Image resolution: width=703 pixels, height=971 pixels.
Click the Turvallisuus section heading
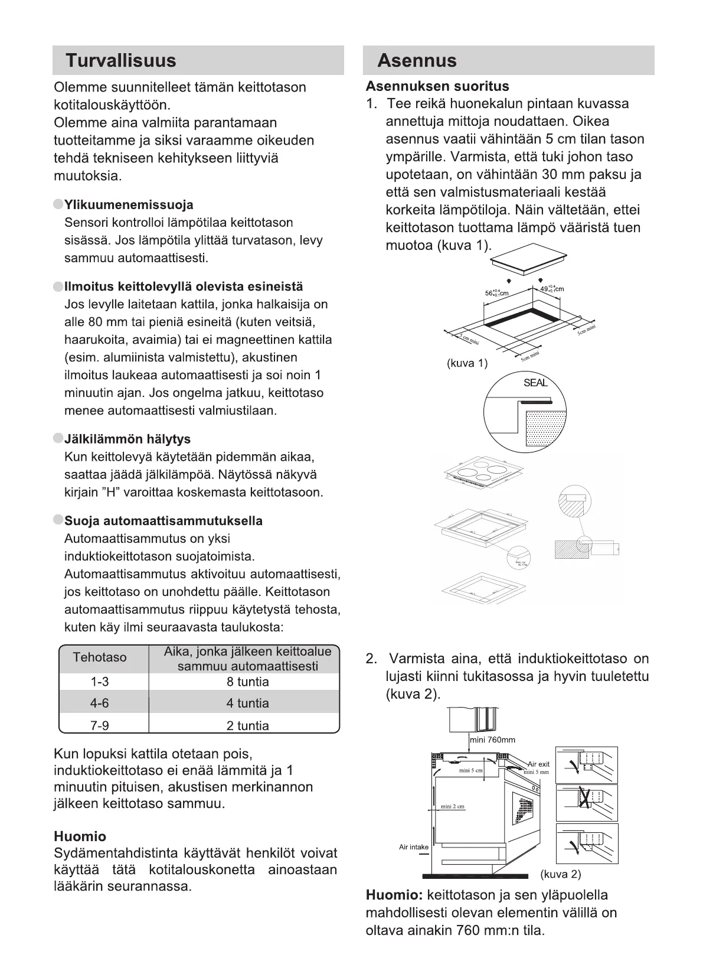click(x=120, y=61)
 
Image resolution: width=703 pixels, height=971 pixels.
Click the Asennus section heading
click(x=417, y=61)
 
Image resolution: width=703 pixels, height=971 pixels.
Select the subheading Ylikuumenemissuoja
click(x=129, y=205)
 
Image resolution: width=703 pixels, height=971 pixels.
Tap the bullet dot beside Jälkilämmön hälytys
click(x=58, y=438)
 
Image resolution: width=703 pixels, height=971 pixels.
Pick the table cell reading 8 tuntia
click(x=247, y=682)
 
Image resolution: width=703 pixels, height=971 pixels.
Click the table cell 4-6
click(x=100, y=703)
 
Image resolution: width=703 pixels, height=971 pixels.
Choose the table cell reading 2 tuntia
click(x=247, y=725)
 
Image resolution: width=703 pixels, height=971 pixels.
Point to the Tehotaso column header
click(x=100, y=657)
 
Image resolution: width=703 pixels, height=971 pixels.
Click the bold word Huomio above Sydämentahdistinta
click(x=80, y=836)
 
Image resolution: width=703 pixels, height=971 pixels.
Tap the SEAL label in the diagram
click(x=535, y=383)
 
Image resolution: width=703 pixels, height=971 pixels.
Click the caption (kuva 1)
click(x=467, y=363)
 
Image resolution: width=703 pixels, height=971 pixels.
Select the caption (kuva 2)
click(x=560, y=874)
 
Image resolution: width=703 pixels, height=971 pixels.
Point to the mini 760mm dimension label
click(x=493, y=739)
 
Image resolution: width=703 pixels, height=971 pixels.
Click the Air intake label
click(x=414, y=847)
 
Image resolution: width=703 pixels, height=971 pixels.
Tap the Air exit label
click(x=538, y=764)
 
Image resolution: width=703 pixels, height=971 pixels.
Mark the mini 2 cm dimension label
click(x=453, y=807)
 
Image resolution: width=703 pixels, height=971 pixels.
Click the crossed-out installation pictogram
click(x=587, y=803)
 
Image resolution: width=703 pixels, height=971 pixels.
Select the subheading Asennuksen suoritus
click(x=437, y=86)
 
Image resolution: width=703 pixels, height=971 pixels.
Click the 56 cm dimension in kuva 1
click(x=496, y=293)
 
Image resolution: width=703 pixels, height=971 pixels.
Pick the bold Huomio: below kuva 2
click(x=394, y=895)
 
